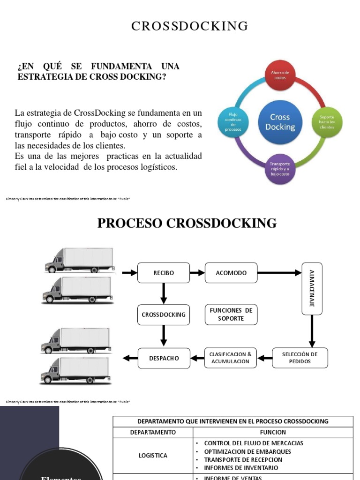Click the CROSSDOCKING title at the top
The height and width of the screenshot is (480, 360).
click(189, 26)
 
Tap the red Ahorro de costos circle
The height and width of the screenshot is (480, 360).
click(281, 75)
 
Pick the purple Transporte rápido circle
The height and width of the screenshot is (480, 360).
click(280, 169)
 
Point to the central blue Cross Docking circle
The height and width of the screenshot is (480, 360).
click(280, 122)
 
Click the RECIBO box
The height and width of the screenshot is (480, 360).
click(163, 273)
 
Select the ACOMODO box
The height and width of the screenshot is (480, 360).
click(231, 273)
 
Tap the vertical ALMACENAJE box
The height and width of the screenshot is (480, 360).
click(312, 288)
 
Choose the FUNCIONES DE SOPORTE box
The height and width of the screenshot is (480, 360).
click(231, 315)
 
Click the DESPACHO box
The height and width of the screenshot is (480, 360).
click(164, 358)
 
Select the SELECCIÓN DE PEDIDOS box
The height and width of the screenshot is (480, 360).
click(300, 358)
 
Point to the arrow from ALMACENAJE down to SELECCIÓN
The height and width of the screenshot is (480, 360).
click(312, 330)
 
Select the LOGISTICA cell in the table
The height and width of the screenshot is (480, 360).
click(153, 455)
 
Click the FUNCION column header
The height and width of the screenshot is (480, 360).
click(273, 432)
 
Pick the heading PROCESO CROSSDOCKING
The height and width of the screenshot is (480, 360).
click(187, 223)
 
